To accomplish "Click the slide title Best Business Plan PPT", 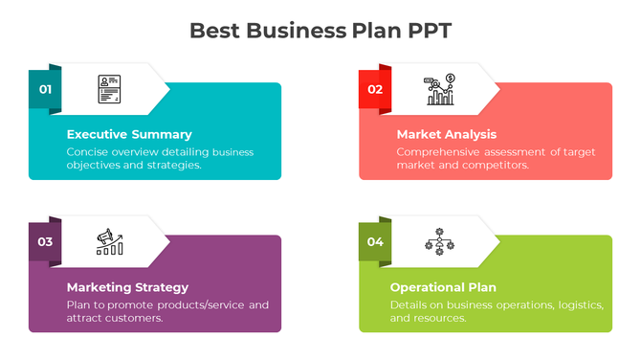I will (320, 31).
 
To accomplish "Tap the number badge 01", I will (45, 90).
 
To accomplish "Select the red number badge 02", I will (375, 90).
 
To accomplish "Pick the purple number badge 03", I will (45, 242).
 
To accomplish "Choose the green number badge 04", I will (375, 242).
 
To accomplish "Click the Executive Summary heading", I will (128, 135).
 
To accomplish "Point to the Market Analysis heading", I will (446, 135).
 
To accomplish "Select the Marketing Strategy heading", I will (127, 287).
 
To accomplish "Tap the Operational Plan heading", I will (443, 287).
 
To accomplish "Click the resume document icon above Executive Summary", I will (109, 89).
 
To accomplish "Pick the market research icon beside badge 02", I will (441, 89).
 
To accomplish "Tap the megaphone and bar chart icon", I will (110, 242).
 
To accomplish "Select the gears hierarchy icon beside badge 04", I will (441, 242).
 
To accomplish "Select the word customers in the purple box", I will (137, 318).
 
